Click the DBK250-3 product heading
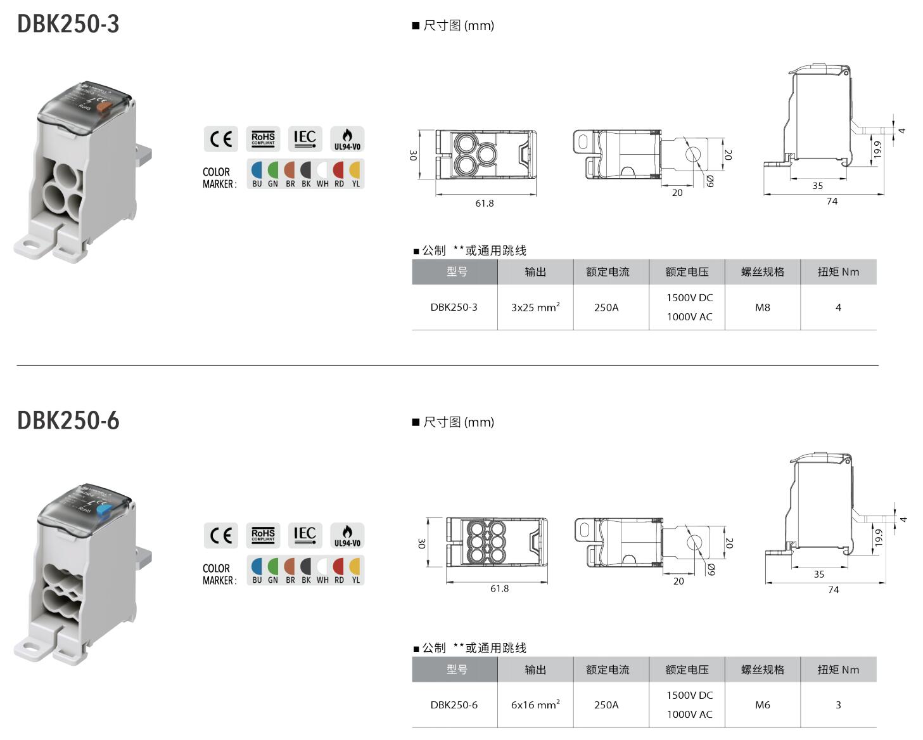click(x=68, y=23)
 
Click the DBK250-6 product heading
click(x=68, y=420)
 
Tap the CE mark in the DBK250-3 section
click(x=221, y=139)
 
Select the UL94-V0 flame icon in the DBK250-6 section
click(x=347, y=535)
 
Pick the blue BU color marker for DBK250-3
click(x=257, y=170)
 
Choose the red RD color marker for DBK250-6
click(x=339, y=566)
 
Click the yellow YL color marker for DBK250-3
click(x=355, y=170)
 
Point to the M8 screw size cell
click(x=762, y=308)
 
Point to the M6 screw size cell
click(x=762, y=704)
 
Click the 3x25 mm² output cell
click(x=535, y=308)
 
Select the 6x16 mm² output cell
click(x=535, y=704)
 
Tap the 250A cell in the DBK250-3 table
click(x=606, y=308)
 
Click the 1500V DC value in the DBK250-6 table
click(x=689, y=695)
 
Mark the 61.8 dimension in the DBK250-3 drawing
click(x=485, y=204)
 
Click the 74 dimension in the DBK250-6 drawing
click(x=833, y=590)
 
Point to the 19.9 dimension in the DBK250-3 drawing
click(x=877, y=150)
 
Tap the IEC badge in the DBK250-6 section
click(x=305, y=535)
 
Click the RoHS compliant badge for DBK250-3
click(x=263, y=139)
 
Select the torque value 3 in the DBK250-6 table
click(x=838, y=704)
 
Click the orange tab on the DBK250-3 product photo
click(x=105, y=108)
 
